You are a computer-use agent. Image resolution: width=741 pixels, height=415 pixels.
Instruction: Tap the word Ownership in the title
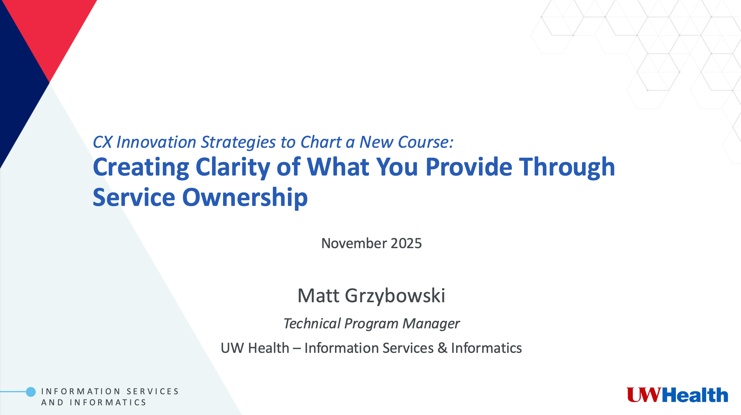coord(245,198)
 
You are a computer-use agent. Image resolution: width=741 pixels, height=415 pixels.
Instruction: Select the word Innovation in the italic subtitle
coord(156,142)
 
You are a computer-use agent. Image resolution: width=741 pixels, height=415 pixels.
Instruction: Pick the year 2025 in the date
coord(406,244)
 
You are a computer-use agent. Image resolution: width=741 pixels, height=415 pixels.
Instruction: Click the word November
coord(354,244)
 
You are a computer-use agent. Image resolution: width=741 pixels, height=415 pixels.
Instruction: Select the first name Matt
coord(318,296)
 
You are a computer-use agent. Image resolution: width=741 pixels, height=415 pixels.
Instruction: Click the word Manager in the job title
coord(431,323)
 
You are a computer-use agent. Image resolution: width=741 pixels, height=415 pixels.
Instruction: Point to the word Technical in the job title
coord(312,323)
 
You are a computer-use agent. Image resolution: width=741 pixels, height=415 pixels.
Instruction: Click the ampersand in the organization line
coord(442,348)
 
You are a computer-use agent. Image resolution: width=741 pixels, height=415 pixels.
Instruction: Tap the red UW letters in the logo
coord(644,395)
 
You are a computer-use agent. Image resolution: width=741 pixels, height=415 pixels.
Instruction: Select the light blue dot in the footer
coord(31,392)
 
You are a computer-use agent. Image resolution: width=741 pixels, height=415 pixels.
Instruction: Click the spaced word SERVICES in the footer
coord(153,391)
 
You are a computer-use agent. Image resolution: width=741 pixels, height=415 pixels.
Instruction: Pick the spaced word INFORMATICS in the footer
coord(108,402)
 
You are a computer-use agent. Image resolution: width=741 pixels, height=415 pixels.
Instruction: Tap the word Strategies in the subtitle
coord(238,142)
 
